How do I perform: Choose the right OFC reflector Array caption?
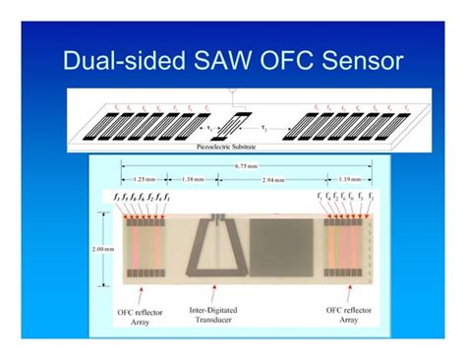click(352, 318)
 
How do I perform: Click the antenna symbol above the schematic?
click(232, 94)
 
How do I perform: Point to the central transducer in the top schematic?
click(232, 126)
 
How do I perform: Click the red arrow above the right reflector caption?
click(352, 293)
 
